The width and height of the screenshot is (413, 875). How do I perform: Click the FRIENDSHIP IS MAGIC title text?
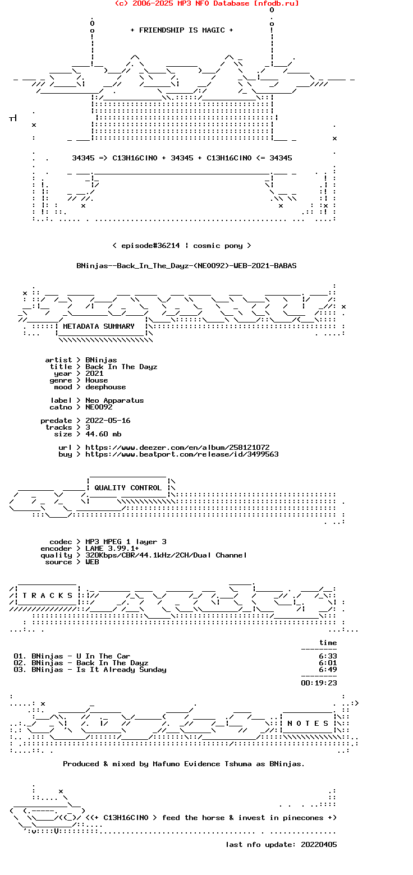pos(182,30)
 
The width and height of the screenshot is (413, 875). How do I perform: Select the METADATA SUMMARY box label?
pos(98,326)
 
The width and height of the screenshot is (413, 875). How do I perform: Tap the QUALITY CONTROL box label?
pos(128,487)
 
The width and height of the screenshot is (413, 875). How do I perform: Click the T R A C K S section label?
pos(47,595)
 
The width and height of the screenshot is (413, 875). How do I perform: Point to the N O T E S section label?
pos(308,723)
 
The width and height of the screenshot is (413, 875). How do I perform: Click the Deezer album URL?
pos(177,447)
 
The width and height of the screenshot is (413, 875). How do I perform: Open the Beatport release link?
pos(182,454)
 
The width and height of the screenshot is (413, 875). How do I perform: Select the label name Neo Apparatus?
pos(114,400)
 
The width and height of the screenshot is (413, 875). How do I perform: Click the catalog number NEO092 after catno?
pos(99,407)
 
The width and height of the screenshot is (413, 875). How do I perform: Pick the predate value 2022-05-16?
pos(108,420)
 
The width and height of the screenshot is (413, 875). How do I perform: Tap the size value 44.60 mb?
pos(103,434)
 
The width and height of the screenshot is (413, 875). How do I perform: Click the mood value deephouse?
pos(105,387)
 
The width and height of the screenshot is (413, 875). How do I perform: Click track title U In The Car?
pos(103,656)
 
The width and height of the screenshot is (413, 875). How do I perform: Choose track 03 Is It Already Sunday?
pos(90,670)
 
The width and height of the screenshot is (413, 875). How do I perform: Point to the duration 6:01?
pos(328,662)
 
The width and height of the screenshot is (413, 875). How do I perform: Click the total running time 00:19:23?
pos(319,683)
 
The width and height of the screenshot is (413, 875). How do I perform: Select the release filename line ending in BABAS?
pos(186,266)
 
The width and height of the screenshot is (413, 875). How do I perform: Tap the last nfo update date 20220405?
pos(319,845)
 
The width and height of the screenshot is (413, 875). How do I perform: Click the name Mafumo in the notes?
pos(166,764)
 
